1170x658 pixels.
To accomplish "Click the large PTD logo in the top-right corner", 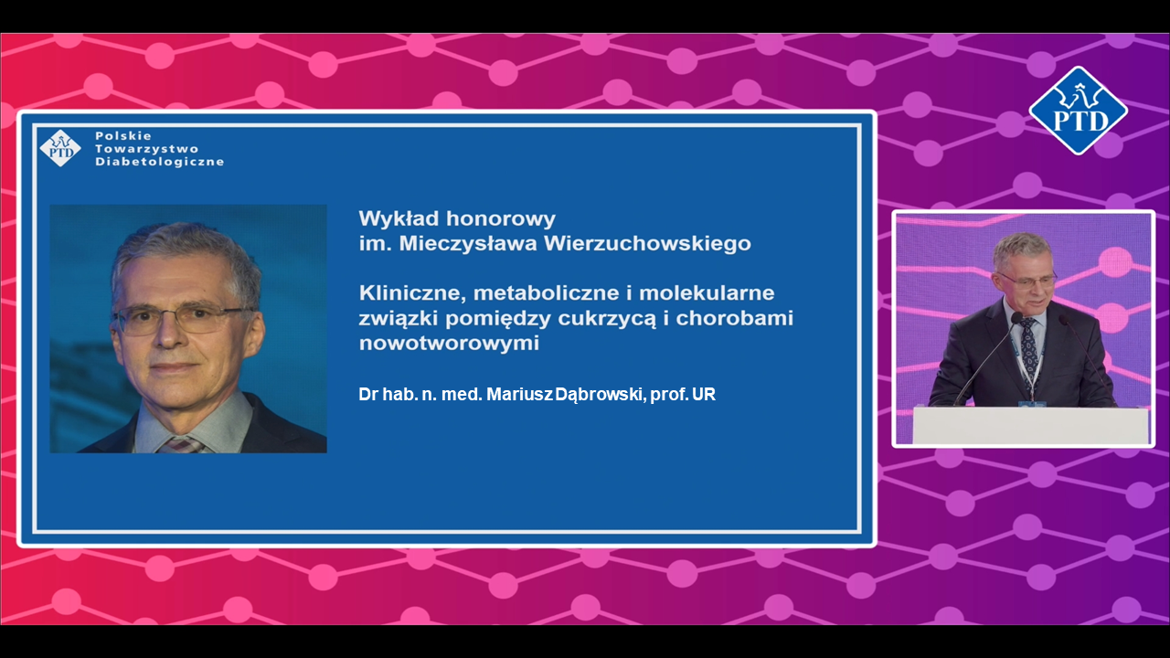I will (1078, 111).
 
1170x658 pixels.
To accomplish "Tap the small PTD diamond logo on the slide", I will (60, 149).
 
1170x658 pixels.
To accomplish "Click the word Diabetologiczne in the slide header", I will (159, 162).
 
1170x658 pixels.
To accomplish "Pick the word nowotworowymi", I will (449, 345).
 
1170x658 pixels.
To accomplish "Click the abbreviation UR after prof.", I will (703, 395).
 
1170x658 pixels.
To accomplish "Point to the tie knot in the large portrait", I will (183, 443).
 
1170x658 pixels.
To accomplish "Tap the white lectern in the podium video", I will (1031, 426).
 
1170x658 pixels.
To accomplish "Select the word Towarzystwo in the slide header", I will (146, 149).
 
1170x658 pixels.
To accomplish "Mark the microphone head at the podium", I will (1016, 318).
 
